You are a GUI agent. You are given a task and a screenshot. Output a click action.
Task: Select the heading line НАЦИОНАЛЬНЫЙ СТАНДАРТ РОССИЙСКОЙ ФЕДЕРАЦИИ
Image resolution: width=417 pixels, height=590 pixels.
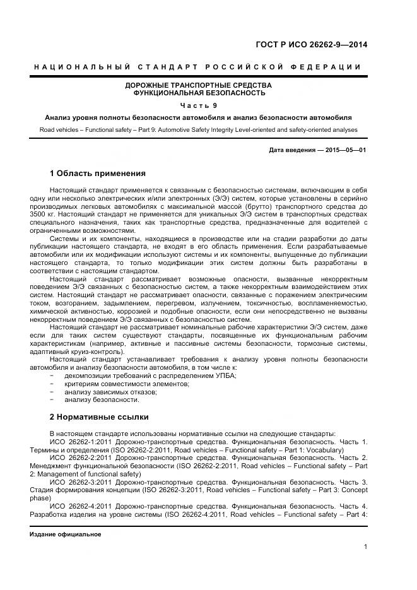pos(198,67)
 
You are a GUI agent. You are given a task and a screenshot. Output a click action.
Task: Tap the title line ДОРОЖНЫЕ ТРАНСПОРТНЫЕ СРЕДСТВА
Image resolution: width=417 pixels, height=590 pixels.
pos(198,85)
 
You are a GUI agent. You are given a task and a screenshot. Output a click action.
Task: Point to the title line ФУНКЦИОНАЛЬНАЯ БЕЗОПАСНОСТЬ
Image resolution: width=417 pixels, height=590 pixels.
pos(198,93)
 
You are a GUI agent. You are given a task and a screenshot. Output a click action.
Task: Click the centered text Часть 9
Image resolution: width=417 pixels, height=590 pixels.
pos(198,105)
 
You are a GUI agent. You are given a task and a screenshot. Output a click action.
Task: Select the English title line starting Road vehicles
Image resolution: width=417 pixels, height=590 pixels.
pos(198,130)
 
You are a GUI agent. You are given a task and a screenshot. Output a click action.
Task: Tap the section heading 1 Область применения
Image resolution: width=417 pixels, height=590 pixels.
pos(97,173)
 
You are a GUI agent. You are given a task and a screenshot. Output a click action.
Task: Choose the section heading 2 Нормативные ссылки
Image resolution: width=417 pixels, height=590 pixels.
pos(98,417)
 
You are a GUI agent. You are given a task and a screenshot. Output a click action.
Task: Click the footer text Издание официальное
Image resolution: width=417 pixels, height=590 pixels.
pos(66,534)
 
